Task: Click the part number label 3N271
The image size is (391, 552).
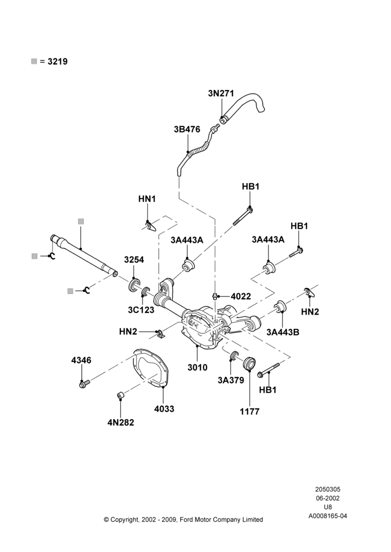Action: point(221,93)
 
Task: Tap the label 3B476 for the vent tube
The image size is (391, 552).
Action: point(187,129)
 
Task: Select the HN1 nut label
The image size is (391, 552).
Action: point(147,199)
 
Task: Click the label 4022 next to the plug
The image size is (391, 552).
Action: point(241,296)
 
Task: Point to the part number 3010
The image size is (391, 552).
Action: point(197,368)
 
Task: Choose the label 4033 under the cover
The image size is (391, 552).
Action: point(164,408)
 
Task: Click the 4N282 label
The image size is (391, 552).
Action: point(121,422)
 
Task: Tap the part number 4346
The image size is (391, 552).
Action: point(81,360)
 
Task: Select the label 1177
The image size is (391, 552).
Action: point(250,411)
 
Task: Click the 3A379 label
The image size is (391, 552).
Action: point(231,380)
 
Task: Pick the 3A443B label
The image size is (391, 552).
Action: point(283,332)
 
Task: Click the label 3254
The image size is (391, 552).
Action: point(134,259)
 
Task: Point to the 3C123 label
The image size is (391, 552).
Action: point(141,310)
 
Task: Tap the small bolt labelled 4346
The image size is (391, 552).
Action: point(84,384)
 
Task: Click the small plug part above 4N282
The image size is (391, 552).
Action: point(120,396)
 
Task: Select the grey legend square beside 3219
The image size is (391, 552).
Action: point(34,61)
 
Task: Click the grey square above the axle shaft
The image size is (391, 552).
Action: point(81,221)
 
